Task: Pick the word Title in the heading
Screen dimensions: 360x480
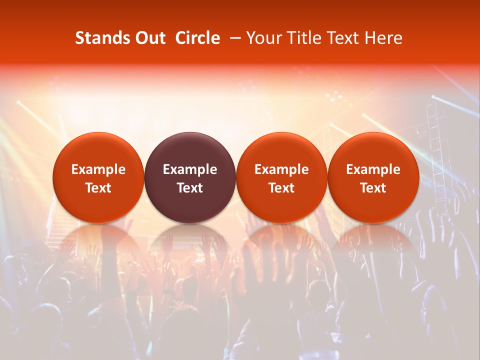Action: (x=300, y=38)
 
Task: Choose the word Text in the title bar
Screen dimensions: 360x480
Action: (x=339, y=38)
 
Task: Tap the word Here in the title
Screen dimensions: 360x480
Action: (x=382, y=38)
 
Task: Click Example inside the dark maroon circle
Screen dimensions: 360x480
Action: (x=190, y=169)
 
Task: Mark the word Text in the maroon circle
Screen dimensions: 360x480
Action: (x=190, y=188)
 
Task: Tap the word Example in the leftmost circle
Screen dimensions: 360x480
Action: (x=98, y=169)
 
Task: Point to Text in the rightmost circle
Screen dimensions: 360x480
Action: (x=373, y=188)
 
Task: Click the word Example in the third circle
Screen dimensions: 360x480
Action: (x=281, y=169)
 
